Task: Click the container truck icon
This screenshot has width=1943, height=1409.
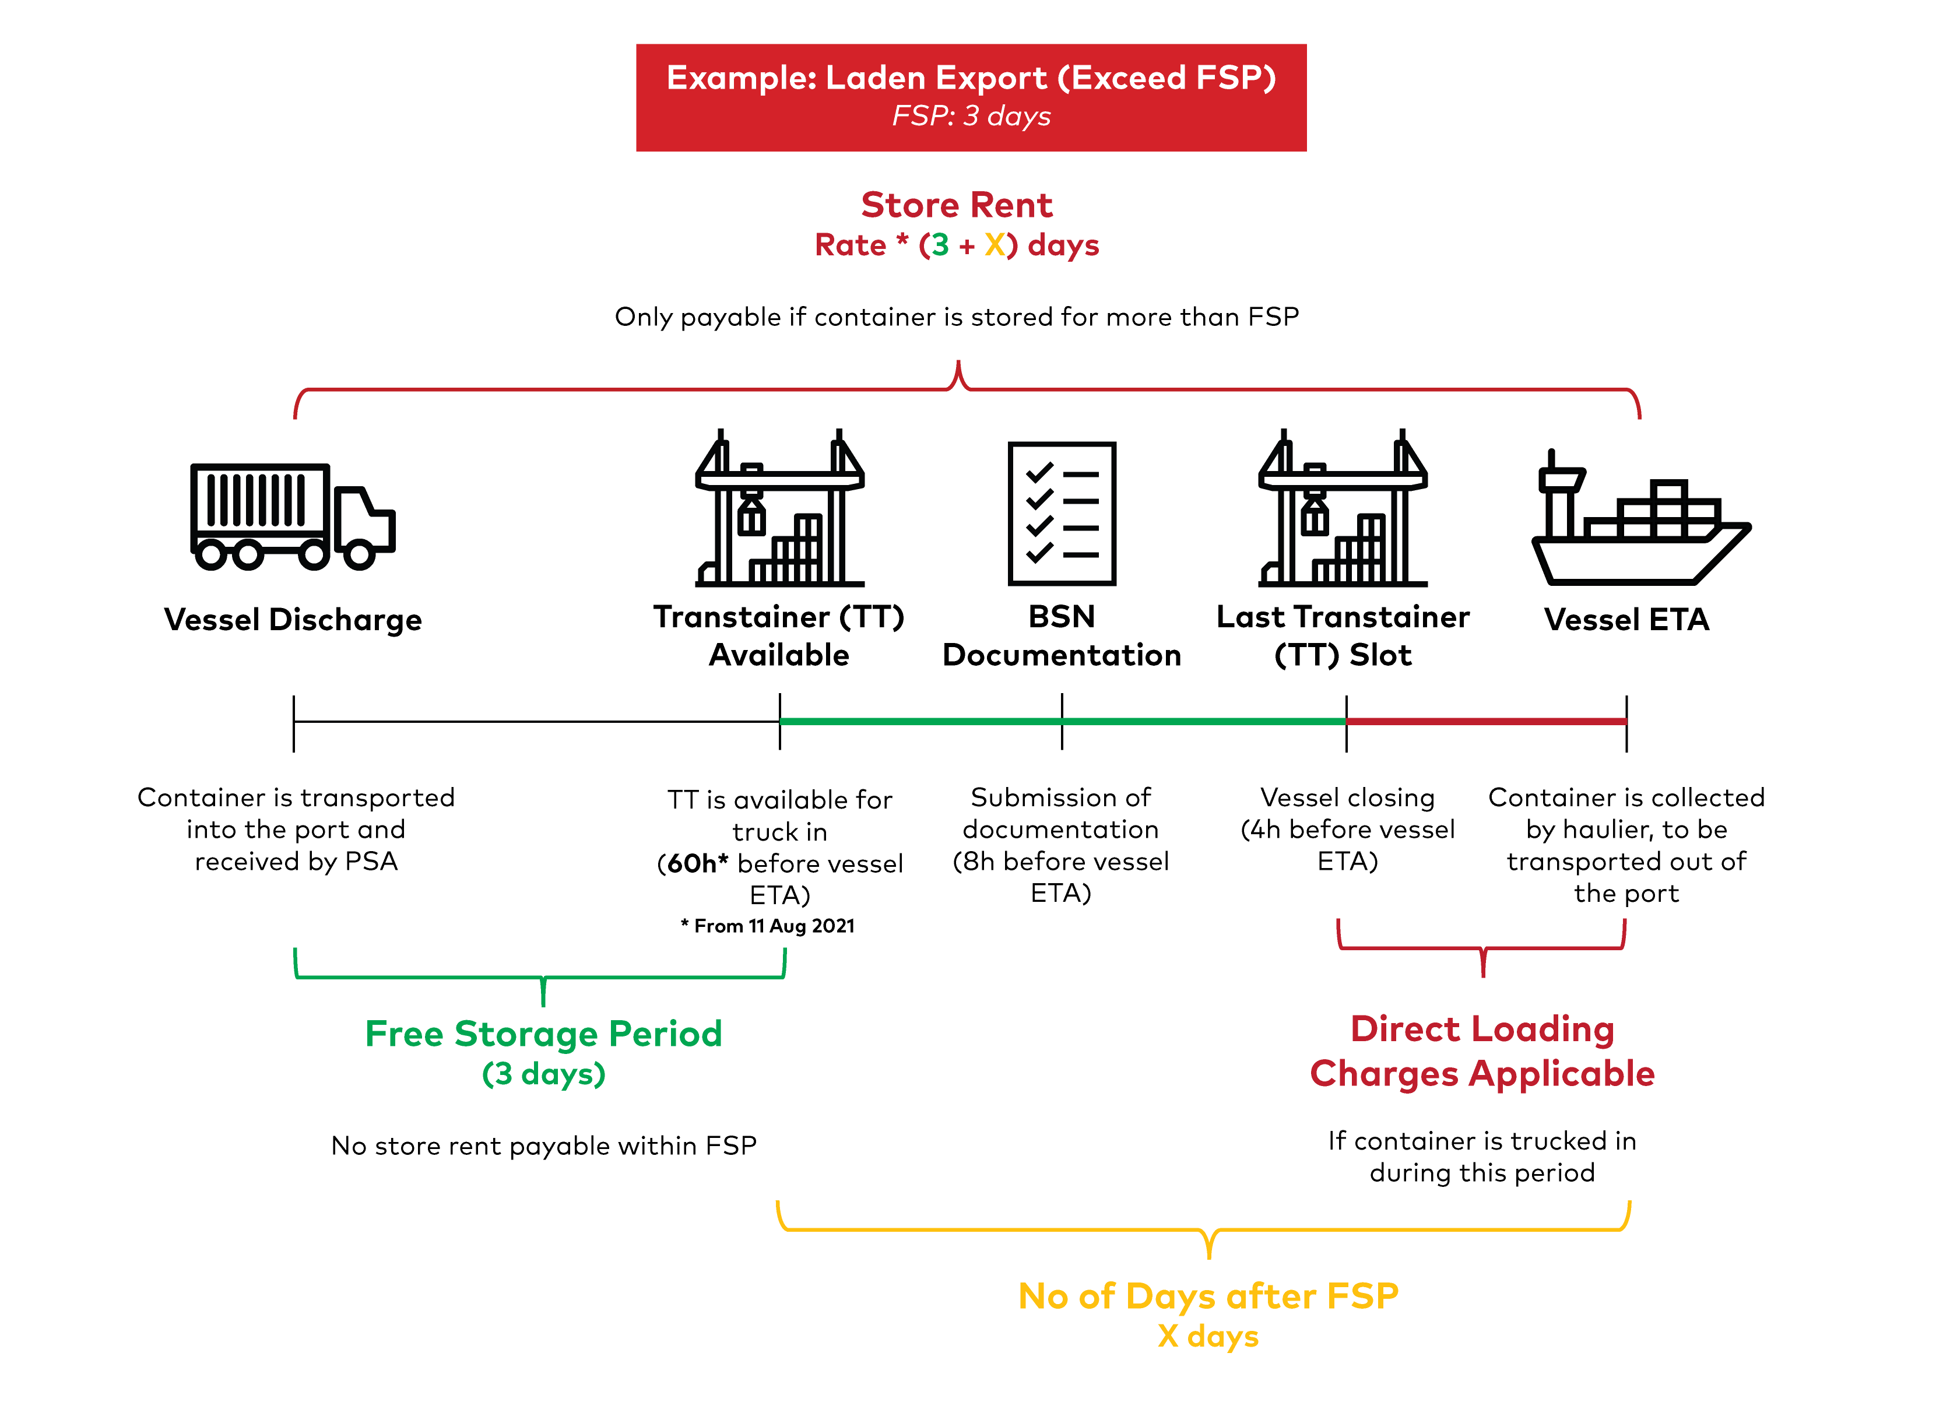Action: (x=291, y=516)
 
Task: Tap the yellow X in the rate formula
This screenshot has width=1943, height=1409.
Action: (x=995, y=246)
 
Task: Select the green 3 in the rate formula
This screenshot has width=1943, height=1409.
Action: (x=940, y=246)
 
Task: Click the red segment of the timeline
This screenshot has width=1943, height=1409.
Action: (x=1487, y=721)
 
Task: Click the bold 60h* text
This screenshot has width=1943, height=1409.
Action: (x=697, y=863)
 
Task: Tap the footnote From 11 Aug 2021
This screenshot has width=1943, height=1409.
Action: (x=768, y=926)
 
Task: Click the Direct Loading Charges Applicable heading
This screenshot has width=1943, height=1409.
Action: (x=1481, y=1051)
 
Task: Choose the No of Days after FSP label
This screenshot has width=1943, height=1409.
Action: (x=1208, y=1296)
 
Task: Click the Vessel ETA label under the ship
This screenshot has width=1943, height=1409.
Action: (x=1626, y=619)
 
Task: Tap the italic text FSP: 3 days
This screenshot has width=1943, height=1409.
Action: (x=971, y=115)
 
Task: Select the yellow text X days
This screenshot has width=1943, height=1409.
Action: (x=1208, y=1336)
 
